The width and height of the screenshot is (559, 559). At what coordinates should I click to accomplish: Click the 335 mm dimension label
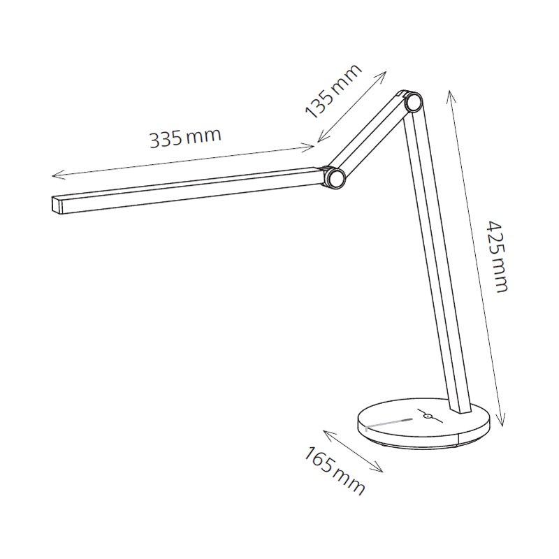click(184, 137)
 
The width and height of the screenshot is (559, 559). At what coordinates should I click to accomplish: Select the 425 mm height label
click(497, 256)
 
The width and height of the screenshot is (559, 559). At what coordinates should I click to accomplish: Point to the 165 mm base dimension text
click(335, 470)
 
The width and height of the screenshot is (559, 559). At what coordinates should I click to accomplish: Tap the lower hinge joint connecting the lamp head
click(335, 177)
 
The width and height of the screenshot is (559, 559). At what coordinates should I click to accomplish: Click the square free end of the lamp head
click(56, 204)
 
